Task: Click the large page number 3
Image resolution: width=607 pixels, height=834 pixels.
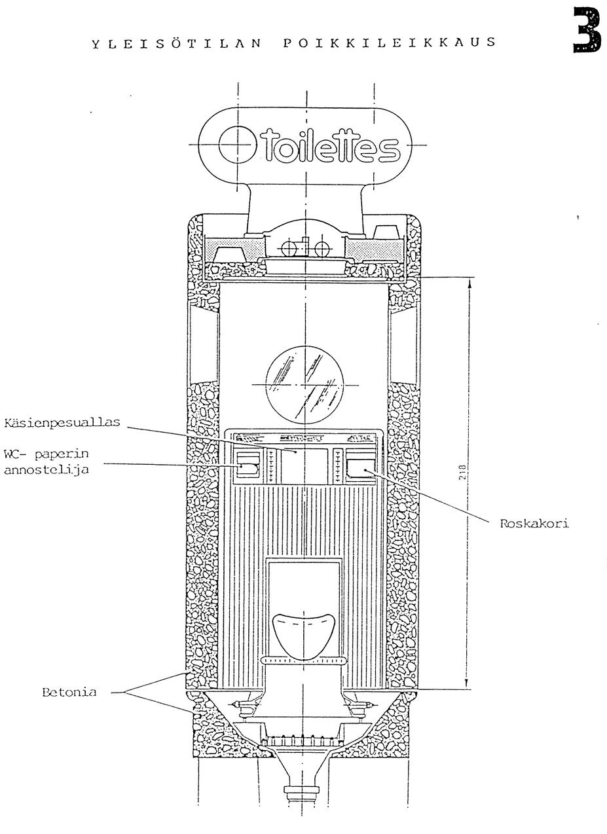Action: [x=587, y=30]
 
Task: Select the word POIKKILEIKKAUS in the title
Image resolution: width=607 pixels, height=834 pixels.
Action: [x=390, y=44]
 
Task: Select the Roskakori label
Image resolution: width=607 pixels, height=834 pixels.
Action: [x=534, y=523]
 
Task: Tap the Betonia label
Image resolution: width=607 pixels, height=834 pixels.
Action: [x=69, y=692]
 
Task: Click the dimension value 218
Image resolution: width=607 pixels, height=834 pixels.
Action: [x=462, y=473]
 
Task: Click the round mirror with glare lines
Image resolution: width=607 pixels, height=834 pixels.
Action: [x=305, y=384]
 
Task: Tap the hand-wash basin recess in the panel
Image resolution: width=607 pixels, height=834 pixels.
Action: [x=304, y=465]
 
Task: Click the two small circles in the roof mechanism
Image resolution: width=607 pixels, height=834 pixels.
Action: [x=305, y=249]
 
